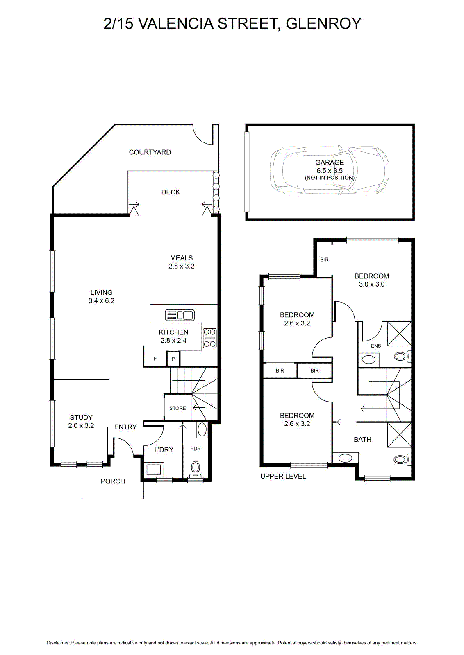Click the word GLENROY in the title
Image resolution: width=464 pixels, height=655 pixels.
323,24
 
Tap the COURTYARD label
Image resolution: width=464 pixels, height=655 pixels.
150,152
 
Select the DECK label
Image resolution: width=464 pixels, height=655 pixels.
171,192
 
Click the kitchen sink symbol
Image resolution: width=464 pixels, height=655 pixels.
180,315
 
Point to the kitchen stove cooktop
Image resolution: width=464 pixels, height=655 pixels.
209,338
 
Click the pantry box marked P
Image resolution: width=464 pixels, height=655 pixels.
173,359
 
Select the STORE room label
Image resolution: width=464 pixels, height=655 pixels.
178,408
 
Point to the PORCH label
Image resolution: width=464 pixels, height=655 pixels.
113,481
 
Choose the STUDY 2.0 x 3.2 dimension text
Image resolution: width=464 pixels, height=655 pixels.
81,425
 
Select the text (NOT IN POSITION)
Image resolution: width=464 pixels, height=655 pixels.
330,178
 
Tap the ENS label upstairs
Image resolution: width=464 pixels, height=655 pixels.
376,346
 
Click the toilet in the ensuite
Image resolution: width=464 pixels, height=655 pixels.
403,356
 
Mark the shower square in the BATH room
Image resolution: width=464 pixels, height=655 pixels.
399,435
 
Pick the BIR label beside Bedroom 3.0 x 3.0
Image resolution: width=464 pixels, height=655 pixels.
324,260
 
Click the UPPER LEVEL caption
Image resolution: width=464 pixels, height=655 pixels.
283,476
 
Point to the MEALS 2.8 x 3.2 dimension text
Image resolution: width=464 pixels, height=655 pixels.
181,266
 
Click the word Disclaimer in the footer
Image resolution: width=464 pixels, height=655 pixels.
58,643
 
